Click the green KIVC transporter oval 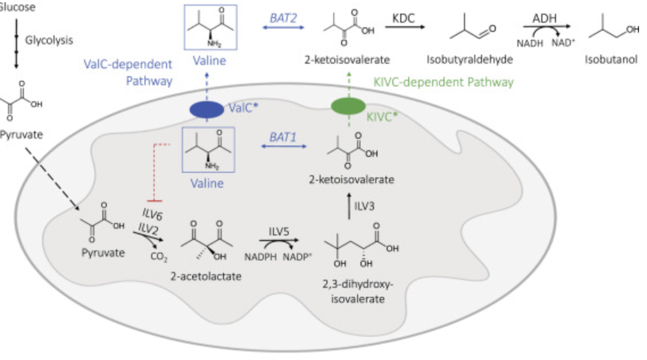(349, 106)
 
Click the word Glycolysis (49, 40)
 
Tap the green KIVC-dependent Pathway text (443, 82)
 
